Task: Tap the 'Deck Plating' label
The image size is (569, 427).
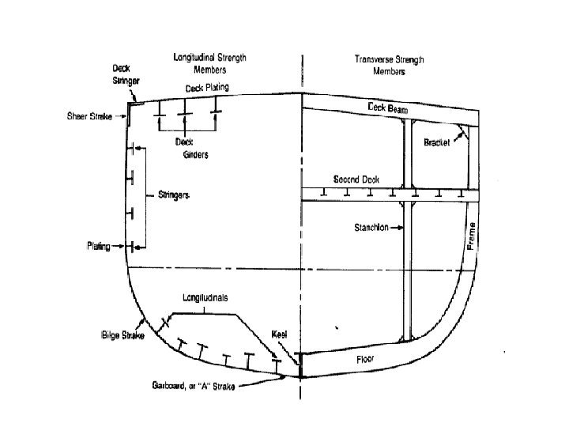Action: point(208,88)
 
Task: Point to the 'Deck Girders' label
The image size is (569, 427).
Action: point(192,149)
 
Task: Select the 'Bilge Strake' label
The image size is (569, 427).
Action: point(119,325)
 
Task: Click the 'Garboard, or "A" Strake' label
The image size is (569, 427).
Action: point(198,386)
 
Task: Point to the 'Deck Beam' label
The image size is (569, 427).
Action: point(386,108)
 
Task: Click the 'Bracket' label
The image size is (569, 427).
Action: point(436,144)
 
